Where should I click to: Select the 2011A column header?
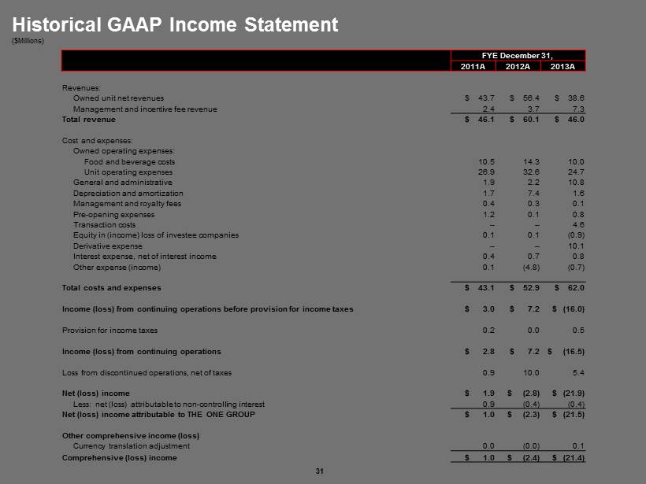473,66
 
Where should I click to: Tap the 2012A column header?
518,66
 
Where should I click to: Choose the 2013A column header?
562,66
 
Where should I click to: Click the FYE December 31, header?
518,55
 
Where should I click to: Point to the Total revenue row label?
89,120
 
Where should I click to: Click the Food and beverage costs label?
129,161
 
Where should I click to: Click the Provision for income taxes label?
110,330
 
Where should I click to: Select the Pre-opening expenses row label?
113,214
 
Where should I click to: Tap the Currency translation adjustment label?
131,446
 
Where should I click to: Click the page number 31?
320,471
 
